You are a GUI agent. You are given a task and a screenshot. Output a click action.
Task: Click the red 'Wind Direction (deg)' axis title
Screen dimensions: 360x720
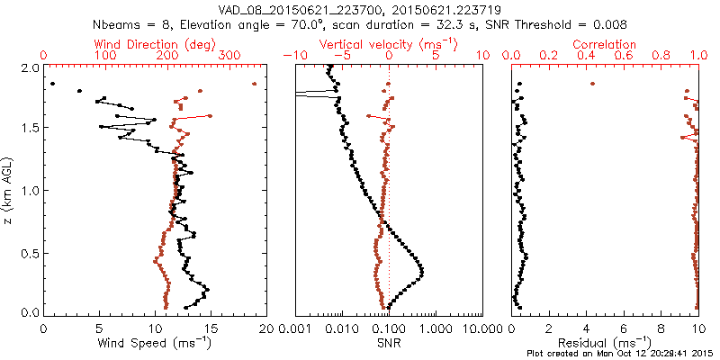click(155, 44)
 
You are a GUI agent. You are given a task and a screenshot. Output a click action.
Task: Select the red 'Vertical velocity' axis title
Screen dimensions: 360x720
click(388, 44)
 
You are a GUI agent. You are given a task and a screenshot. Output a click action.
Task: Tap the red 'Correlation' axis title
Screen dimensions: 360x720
click(605, 44)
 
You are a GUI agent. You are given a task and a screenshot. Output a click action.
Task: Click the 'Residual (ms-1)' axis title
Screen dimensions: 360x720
click(605, 342)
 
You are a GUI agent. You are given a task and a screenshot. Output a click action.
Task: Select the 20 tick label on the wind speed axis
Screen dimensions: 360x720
click(266, 328)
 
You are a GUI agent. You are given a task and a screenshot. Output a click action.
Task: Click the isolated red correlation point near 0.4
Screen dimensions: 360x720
click(592, 84)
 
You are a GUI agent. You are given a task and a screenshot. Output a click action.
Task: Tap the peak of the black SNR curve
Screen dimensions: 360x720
click(421, 271)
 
